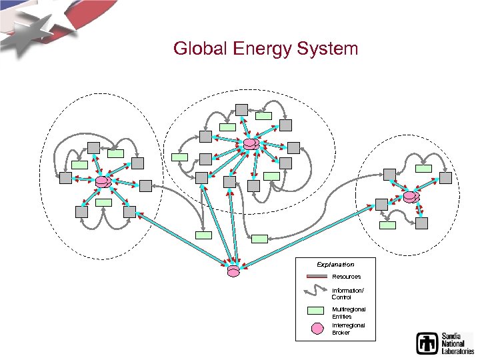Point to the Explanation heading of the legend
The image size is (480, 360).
tap(335, 265)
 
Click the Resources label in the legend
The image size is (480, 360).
tap(346, 277)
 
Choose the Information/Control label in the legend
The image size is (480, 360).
tap(347, 293)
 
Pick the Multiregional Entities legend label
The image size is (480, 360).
tap(348, 313)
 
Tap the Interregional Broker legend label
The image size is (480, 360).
tap(348, 329)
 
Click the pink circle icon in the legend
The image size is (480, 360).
tap(317, 328)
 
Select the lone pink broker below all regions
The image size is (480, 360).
tap(233, 271)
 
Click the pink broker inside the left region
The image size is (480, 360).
tap(103, 181)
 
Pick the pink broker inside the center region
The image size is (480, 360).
tap(251, 143)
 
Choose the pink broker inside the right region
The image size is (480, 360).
tap(411, 197)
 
